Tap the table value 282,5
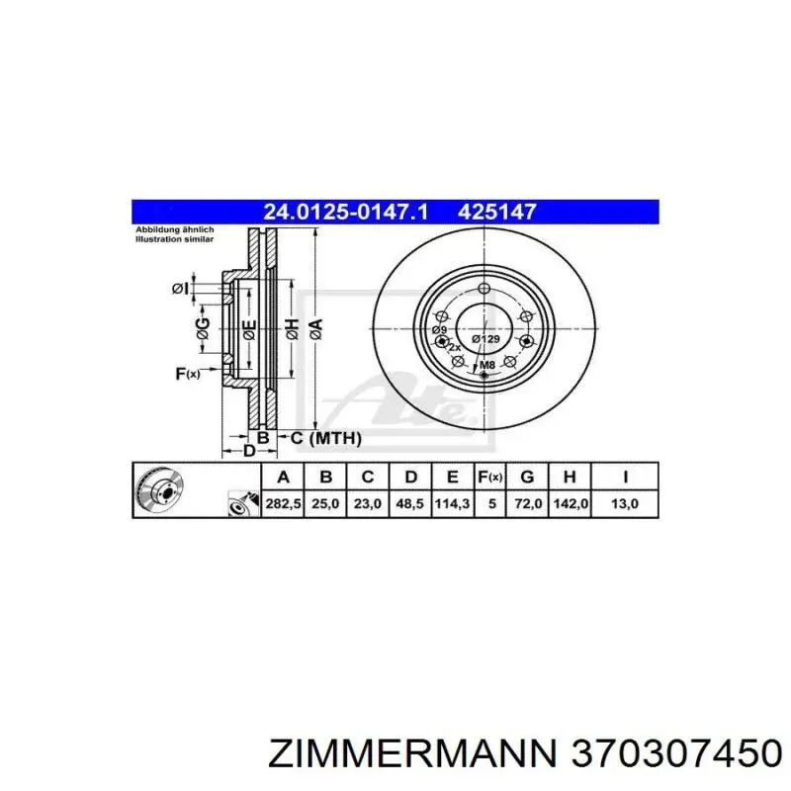[x=283, y=503]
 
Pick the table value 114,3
[x=452, y=503]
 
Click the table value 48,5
[x=409, y=503]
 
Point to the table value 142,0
[x=570, y=503]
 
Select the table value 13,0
[x=625, y=503]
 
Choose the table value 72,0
[x=528, y=503]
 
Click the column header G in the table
[x=528, y=478]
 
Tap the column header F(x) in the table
[x=490, y=478]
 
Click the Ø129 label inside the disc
[x=485, y=338]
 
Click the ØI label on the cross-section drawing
[x=179, y=288]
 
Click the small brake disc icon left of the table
[x=159, y=490]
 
